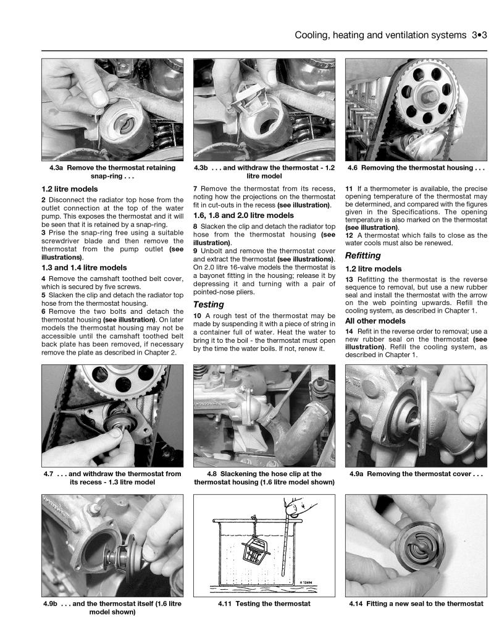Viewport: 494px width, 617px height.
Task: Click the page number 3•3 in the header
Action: click(x=477, y=36)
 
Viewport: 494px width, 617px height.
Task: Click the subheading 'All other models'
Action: click(x=375, y=321)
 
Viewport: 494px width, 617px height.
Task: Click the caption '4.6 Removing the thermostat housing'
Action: click(x=414, y=167)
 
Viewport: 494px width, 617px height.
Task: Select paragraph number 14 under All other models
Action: click(x=350, y=332)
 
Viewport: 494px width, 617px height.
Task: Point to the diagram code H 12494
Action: click(x=311, y=581)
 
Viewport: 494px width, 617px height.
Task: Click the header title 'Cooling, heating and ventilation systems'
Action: click(x=378, y=36)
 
